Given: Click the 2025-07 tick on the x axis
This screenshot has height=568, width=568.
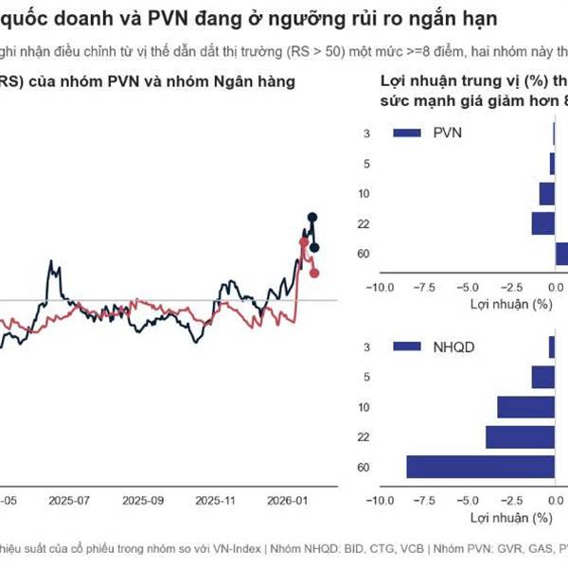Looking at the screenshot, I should click(x=69, y=499).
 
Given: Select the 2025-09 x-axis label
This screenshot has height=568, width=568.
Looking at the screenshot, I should click(x=142, y=499).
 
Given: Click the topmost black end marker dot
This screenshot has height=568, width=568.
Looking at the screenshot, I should click(x=311, y=218).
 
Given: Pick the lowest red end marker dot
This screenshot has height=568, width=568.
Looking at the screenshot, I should click(x=314, y=274).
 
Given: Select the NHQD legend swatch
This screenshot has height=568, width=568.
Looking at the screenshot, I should click(x=404, y=347).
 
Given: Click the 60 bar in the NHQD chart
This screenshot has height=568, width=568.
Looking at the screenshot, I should click(x=481, y=467).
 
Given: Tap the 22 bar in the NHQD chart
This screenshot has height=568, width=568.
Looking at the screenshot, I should click(x=520, y=436).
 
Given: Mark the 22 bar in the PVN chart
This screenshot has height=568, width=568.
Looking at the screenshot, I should click(x=542, y=223).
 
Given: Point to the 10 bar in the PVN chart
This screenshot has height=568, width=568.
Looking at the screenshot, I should click(x=546, y=193).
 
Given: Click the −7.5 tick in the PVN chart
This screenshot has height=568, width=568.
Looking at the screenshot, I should click(x=423, y=288).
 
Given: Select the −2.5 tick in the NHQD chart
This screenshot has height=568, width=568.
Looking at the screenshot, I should click(x=511, y=501).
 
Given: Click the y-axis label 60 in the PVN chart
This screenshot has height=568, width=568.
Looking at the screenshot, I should click(x=363, y=254).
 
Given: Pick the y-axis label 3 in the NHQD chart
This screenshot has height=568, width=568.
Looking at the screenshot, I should click(x=365, y=348).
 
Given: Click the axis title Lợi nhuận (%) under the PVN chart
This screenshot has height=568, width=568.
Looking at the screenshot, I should click(x=510, y=305).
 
